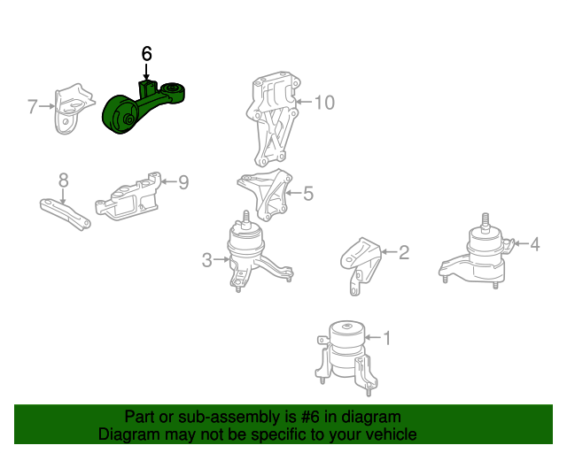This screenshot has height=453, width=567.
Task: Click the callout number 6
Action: click(147, 54)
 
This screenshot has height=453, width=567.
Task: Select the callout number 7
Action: click(33, 108)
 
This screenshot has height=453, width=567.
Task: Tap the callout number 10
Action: click(324, 103)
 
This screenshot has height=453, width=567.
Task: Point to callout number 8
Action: click(64, 180)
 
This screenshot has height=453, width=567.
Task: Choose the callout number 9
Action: click(183, 182)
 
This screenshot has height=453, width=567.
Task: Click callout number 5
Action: click(308, 192)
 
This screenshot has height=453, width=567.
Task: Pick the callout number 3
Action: click(206, 260)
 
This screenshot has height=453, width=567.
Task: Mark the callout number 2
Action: click(404, 253)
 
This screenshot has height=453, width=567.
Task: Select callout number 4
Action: click(535, 242)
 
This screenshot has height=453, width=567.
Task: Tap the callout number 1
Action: click(386, 336)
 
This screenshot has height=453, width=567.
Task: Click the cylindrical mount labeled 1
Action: click(346, 354)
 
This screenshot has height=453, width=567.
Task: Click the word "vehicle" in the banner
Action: click(386, 434)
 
